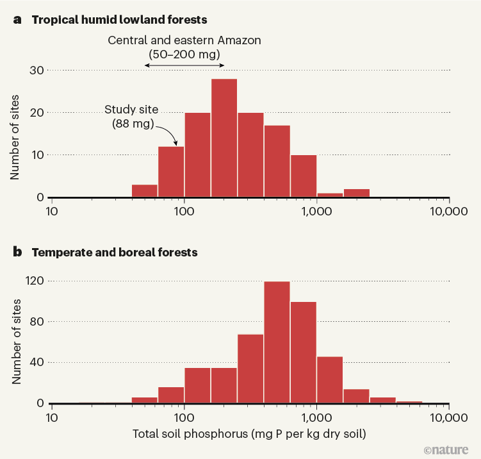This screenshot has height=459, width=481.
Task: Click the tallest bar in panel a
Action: (x=224, y=138)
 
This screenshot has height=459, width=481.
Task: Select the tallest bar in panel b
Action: (x=277, y=342)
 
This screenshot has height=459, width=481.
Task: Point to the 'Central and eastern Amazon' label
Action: (x=184, y=40)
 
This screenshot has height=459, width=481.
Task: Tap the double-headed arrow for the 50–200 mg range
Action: (x=184, y=65)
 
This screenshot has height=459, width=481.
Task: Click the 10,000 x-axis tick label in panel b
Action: (x=448, y=417)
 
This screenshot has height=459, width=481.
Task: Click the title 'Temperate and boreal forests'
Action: (x=115, y=252)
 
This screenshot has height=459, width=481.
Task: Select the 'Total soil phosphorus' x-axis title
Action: (x=249, y=435)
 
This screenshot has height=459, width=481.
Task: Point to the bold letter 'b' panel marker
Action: (x=18, y=252)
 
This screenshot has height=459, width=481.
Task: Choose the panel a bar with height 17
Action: (x=277, y=161)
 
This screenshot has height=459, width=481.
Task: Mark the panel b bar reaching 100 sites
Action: (x=303, y=353)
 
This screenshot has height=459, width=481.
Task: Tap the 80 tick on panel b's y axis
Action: (x=35, y=322)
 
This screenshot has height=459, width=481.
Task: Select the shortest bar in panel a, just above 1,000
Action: (x=330, y=195)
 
